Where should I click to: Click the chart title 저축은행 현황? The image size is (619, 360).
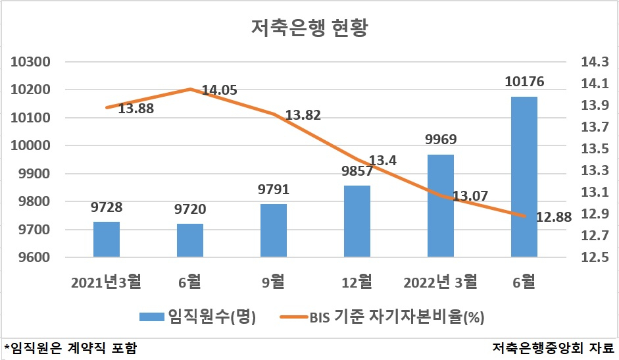click(x=309, y=28)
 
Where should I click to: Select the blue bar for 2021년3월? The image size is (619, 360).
click(x=107, y=240)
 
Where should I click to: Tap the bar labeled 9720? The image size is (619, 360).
click(x=190, y=240)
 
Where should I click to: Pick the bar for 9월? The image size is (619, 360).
click(x=274, y=230)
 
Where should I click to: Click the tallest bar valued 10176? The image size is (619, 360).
click(x=524, y=176)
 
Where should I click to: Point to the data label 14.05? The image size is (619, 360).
click(x=220, y=90)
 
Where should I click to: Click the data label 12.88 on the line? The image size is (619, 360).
click(x=554, y=217)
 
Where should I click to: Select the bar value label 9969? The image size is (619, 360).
click(x=441, y=139)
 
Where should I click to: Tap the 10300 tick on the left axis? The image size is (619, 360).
click(x=30, y=62)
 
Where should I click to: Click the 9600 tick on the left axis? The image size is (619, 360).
click(x=34, y=257)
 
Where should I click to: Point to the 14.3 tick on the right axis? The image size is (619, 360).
click(x=595, y=62)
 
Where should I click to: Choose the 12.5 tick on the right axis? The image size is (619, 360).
click(x=595, y=257)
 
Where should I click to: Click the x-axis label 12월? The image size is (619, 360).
click(x=357, y=282)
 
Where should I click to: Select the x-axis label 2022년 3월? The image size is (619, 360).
click(x=440, y=282)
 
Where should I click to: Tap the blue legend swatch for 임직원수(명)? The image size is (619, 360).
click(x=151, y=317)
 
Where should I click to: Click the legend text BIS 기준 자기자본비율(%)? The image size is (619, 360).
click(x=397, y=317)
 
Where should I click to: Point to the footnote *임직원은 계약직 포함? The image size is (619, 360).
click(x=70, y=348)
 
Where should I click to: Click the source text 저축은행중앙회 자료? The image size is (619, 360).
click(x=553, y=348)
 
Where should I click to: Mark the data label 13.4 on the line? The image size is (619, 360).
click(x=383, y=160)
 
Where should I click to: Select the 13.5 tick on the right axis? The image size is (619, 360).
click(x=595, y=149)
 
